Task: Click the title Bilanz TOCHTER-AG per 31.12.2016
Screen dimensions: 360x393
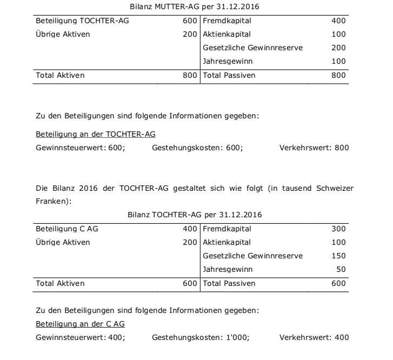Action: point(195,215)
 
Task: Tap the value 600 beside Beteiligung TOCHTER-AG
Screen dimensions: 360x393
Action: point(190,21)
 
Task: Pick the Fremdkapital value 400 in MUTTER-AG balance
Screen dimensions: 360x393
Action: point(338,21)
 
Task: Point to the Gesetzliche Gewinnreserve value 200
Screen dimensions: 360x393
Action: point(338,48)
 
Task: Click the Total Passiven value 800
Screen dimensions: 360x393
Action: point(338,76)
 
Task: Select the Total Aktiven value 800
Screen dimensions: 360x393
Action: point(190,76)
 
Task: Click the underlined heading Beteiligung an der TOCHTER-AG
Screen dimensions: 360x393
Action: point(96,134)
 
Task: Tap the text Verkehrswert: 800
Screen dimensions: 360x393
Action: point(314,148)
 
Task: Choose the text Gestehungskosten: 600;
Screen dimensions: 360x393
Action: point(197,148)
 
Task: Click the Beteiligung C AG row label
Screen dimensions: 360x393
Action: point(66,229)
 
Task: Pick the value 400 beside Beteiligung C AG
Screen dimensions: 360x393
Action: point(190,229)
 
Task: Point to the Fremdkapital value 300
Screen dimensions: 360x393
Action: point(338,229)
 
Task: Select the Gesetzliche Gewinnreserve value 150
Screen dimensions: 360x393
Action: point(338,256)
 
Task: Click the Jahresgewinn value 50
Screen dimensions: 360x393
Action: point(341,269)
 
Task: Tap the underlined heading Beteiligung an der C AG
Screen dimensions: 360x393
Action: point(80,324)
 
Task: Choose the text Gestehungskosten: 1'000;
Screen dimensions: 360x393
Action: point(201,338)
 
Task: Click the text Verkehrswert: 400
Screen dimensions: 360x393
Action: point(314,338)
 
